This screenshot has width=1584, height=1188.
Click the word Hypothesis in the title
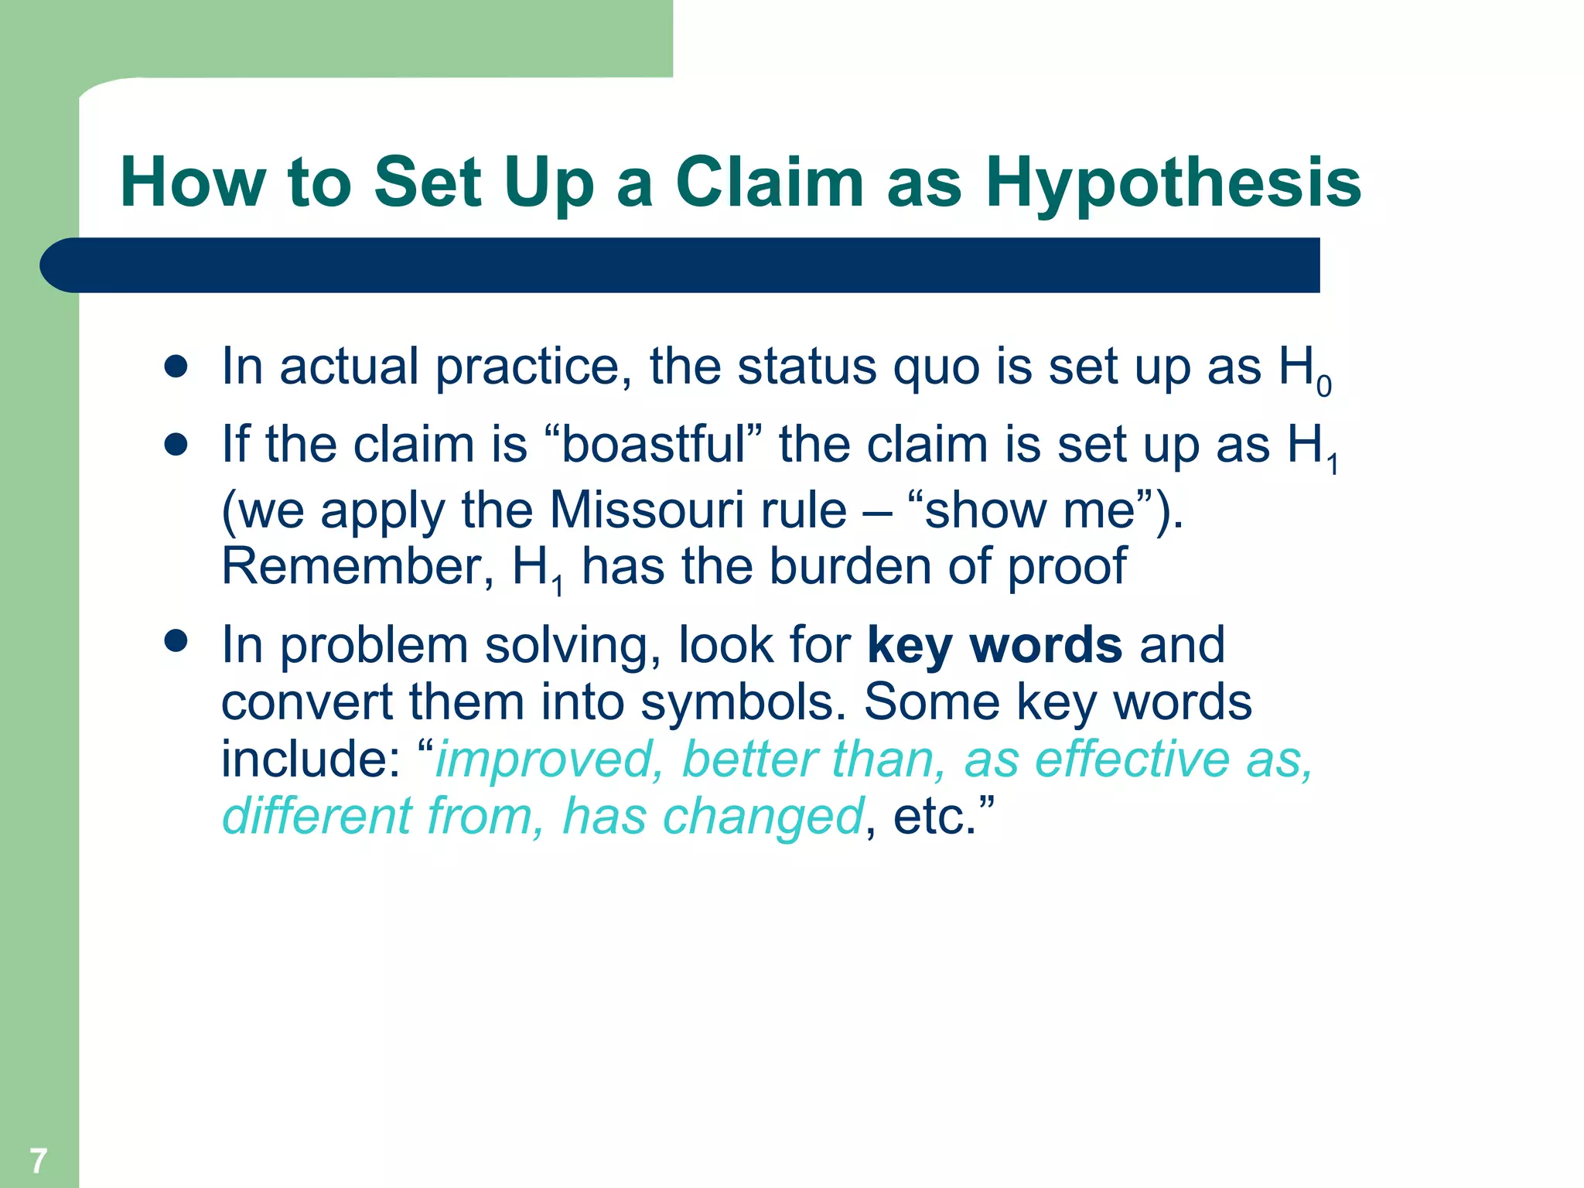tap(1173, 183)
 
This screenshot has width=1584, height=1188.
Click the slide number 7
tap(38, 1160)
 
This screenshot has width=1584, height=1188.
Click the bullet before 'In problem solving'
tap(176, 641)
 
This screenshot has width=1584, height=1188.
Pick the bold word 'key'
tap(909, 645)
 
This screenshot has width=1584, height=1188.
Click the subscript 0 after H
tap(1323, 386)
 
